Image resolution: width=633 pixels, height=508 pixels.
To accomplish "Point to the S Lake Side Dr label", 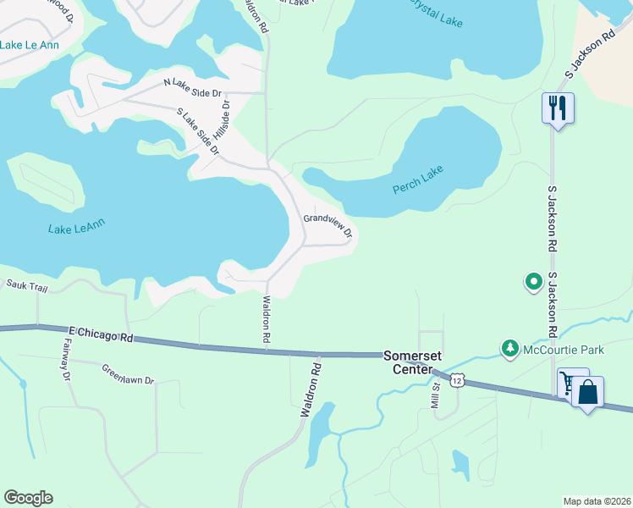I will [x=198, y=131].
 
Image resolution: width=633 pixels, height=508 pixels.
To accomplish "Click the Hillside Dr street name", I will [x=222, y=121].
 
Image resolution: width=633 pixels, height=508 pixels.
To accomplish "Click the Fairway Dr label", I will [x=66, y=360].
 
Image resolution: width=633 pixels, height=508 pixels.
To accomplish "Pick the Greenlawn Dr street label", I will [x=128, y=374].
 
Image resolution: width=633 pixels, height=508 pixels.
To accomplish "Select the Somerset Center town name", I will [x=413, y=362].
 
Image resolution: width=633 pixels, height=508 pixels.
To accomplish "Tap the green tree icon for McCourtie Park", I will [x=509, y=347].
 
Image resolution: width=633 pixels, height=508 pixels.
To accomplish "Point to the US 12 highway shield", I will [x=457, y=381].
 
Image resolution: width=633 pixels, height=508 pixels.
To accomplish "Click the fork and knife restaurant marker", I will [x=558, y=108].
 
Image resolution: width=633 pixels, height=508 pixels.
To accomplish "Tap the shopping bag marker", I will [x=587, y=392].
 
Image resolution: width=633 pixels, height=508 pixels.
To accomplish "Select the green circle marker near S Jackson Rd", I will [x=533, y=281].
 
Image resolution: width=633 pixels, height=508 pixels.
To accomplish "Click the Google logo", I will [x=29, y=498].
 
